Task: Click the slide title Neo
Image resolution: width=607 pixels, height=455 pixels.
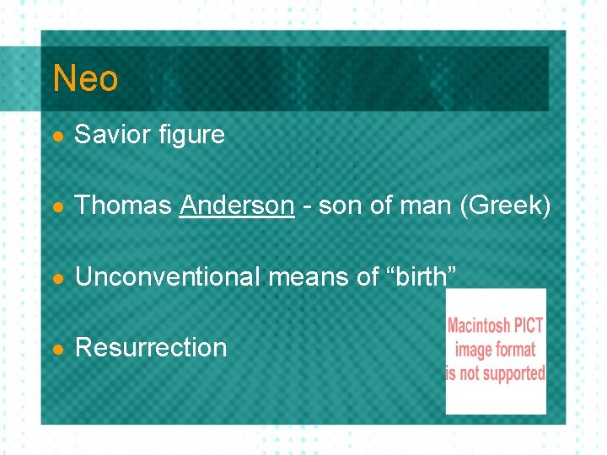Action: [x=85, y=79]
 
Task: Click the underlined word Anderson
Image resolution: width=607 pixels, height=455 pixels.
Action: [x=237, y=205]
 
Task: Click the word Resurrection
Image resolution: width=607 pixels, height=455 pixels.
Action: [x=151, y=347]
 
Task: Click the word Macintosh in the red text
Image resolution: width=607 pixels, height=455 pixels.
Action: [x=480, y=326]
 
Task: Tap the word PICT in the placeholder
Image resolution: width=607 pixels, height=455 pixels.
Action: [x=529, y=326]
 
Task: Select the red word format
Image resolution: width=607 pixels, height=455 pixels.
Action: [x=516, y=349]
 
